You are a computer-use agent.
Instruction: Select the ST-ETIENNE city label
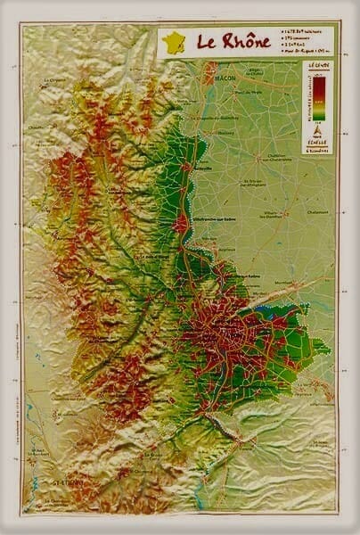click(x=45, y=484)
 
